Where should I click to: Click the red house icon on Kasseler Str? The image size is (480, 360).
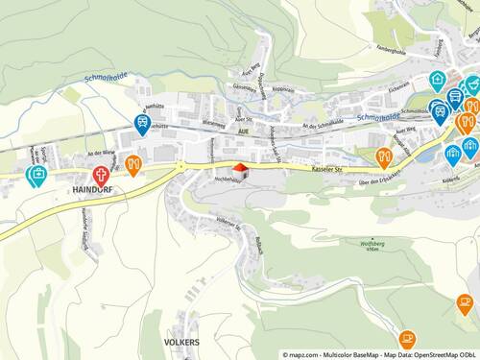pos(242,171)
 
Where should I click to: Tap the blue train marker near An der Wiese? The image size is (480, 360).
pos(142,123)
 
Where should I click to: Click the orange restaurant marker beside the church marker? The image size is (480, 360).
pos(132,164)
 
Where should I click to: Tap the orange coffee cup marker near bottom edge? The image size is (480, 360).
pos(407,338)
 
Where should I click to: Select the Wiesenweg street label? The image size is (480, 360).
pos(214,124)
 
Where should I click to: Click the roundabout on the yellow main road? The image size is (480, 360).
pos(180,165)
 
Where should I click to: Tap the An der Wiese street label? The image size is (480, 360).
pos(101,154)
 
